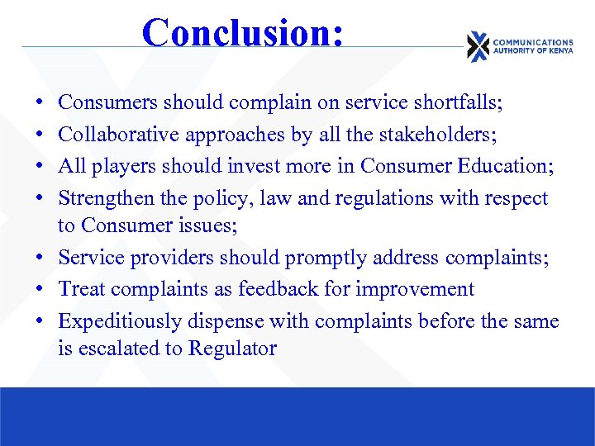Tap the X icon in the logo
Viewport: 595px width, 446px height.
click(x=477, y=46)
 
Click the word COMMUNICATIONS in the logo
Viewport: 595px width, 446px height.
click(x=532, y=42)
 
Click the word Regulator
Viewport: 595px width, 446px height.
click(x=232, y=349)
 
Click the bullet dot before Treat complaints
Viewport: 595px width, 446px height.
click(x=41, y=289)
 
